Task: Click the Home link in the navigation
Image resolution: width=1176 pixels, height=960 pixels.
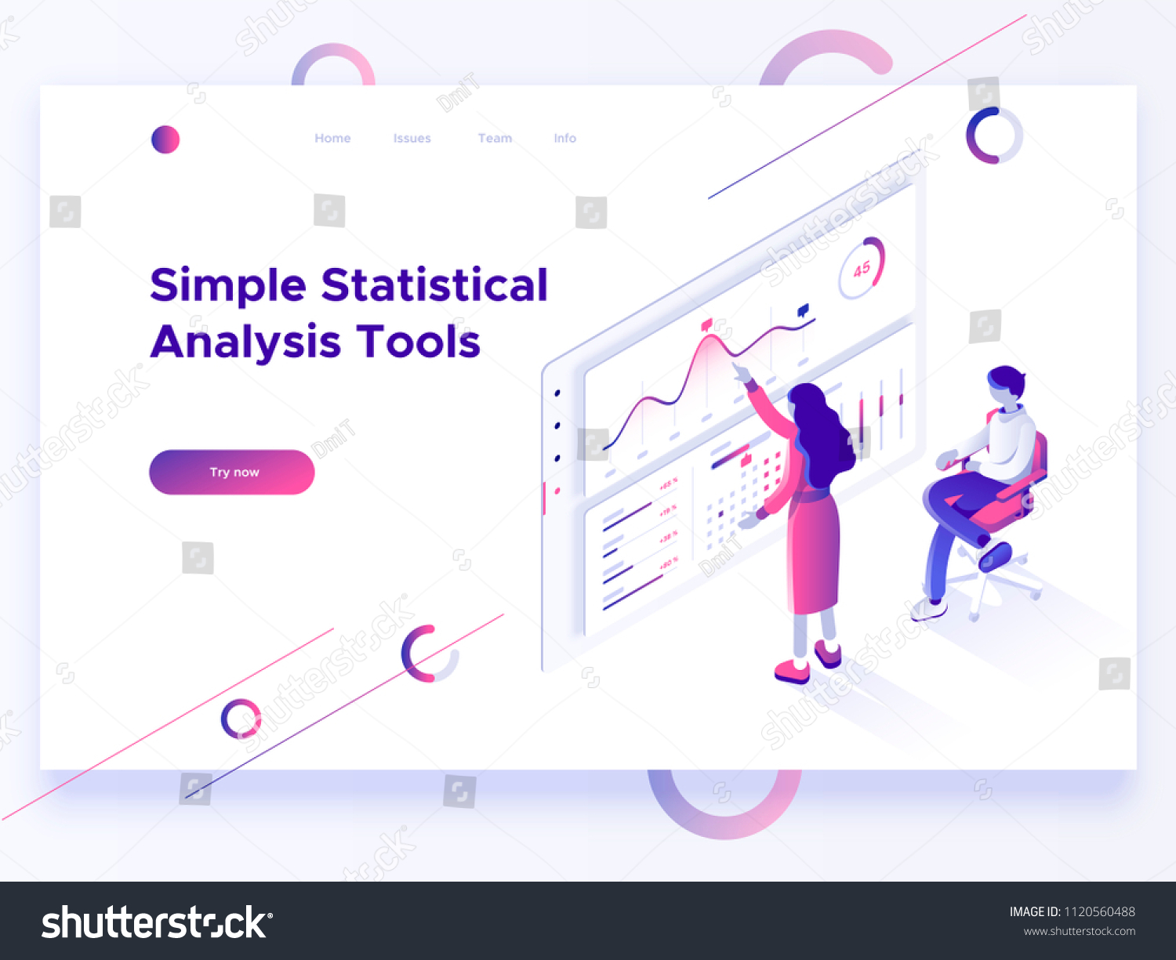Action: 332,139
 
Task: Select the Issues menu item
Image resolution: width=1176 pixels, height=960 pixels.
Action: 412,139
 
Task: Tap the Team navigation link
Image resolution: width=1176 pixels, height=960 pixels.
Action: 495,139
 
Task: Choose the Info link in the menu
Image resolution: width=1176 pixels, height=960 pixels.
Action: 564,139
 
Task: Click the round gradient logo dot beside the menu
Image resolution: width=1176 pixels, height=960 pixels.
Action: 165,139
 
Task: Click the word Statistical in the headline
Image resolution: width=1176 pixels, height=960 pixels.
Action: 434,284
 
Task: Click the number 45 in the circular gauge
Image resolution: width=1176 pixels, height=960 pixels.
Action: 862,270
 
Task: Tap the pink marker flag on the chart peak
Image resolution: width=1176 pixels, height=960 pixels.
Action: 706,324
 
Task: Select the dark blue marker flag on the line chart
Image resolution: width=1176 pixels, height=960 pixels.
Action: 803,310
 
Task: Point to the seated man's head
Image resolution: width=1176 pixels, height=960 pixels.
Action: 1005,385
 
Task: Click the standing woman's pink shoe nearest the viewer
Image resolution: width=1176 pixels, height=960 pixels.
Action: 792,672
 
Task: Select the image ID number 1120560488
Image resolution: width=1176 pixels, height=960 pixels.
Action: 1099,911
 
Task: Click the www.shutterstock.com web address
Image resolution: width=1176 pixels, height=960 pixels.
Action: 1079,932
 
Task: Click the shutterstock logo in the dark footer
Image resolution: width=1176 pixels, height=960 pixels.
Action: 156,922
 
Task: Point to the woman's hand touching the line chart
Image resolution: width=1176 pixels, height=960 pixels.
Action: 739,371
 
